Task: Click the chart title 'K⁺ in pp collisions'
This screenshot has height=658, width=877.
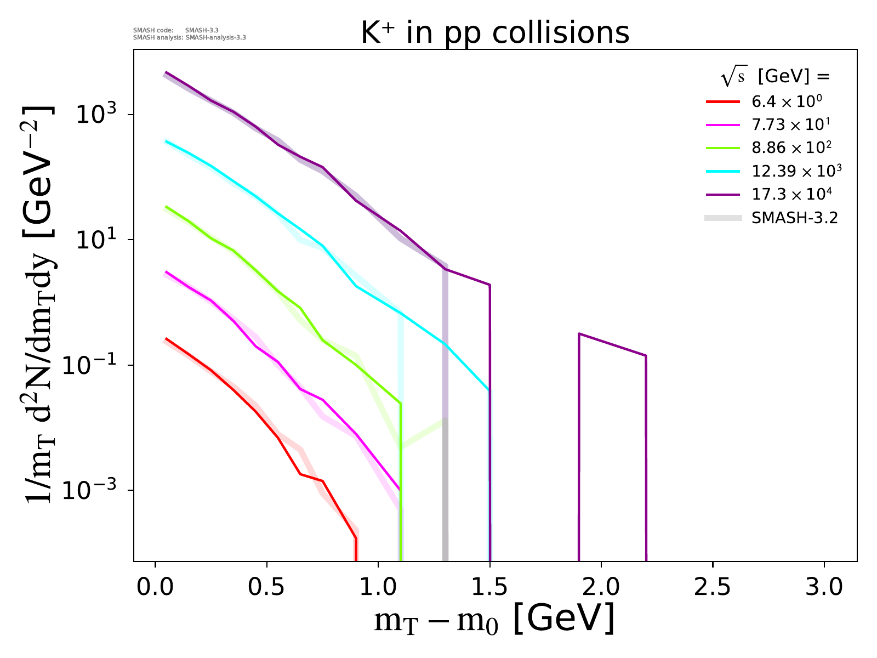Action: point(495,33)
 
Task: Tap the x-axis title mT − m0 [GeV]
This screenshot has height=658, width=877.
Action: point(494,619)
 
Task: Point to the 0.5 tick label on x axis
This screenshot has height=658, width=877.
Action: point(266,587)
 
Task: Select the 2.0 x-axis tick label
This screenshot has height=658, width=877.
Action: point(601,587)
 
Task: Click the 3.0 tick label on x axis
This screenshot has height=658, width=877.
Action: point(824,587)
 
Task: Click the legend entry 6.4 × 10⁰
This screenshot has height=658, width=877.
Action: point(787,101)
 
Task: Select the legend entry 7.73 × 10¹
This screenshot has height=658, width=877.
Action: point(790,124)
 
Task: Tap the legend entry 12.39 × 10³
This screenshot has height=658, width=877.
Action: point(796,171)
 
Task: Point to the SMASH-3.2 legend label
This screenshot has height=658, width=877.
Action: point(795,218)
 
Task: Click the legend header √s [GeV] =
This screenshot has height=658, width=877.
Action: point(775,77)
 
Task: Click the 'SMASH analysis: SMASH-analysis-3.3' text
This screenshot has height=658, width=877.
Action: point(190,38)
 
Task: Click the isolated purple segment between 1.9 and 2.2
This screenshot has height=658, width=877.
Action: point(612,345)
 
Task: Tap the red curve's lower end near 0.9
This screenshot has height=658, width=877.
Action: point(356,548)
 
